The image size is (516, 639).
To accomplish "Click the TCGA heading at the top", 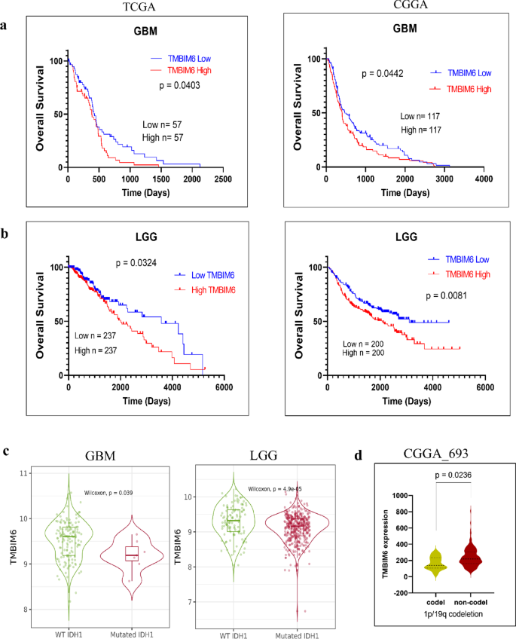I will (x=139, y=7).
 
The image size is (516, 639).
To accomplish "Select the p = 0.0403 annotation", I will (x=185, y=86).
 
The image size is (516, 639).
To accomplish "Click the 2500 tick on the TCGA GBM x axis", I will (x=222, y=179).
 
